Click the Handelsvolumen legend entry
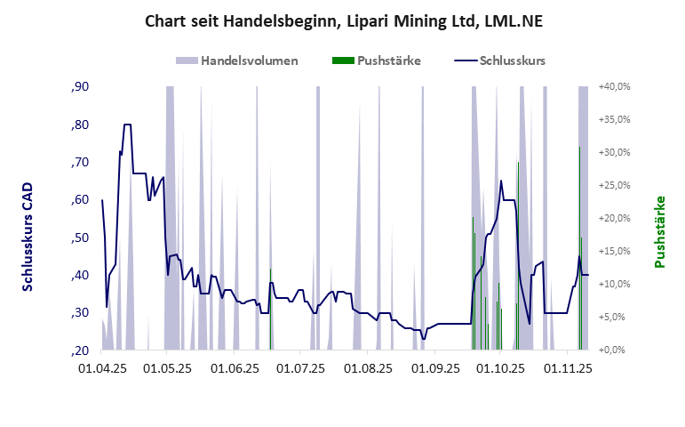pos(249,61)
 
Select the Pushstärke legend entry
pos(388,61)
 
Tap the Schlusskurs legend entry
pos(511,61)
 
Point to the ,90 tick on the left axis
pos(79,86)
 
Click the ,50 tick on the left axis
pos(79,238)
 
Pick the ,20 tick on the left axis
pos(79,350)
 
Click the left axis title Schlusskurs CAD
pos(28,238)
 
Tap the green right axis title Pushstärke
pos(660,232)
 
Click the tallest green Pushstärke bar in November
pos(579,249)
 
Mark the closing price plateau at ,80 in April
pos(127,125)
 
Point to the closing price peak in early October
pos(501,181)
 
